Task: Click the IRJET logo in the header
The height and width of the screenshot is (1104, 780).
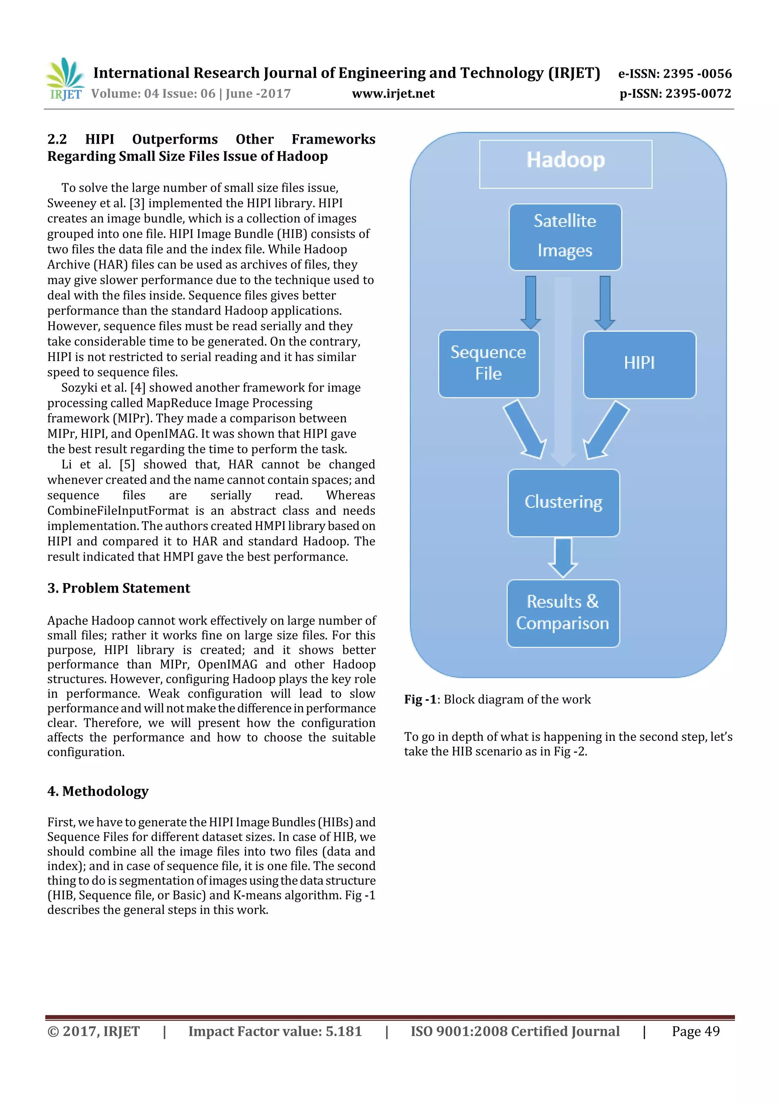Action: coord(65,79)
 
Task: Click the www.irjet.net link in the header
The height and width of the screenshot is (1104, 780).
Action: coord(393,94)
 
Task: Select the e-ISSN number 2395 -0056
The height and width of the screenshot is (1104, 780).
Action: coord(697,74)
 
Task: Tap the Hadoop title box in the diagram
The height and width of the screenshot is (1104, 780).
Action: coord(565,164)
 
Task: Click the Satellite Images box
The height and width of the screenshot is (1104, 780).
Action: coord(565,237)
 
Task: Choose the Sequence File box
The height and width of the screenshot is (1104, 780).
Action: coord(488,364)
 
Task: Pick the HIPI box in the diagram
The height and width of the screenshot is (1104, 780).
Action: coord(639,364)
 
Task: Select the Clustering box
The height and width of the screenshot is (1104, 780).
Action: coord(563,503)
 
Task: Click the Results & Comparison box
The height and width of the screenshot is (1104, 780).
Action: coord(563,613)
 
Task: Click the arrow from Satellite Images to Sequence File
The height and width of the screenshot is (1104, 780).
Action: coord(531,302)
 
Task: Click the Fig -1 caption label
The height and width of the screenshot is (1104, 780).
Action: coord(420,699)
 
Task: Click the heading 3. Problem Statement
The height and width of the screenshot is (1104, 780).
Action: coord(119,588)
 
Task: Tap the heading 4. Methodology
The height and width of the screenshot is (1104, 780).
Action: coord(98,791)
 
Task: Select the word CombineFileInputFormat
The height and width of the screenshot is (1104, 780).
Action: coord(118,511)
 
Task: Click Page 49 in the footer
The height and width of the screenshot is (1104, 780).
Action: coord(695,1031)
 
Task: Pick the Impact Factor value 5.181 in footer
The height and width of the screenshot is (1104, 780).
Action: coord(344,1031)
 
